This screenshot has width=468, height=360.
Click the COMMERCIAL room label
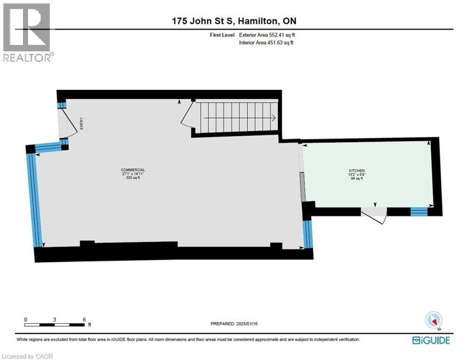click(133, 170)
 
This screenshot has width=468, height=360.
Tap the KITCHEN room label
click(356, 171)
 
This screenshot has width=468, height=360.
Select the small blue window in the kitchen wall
click(419, 211)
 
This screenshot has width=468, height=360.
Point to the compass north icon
click(433, 321)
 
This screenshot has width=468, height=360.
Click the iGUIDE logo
click(431, 340)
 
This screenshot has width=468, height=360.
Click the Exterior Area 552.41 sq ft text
click(267, 35)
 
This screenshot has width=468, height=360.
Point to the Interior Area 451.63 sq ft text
click(266, 43)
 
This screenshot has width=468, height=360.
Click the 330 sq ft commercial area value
click(133, 178)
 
